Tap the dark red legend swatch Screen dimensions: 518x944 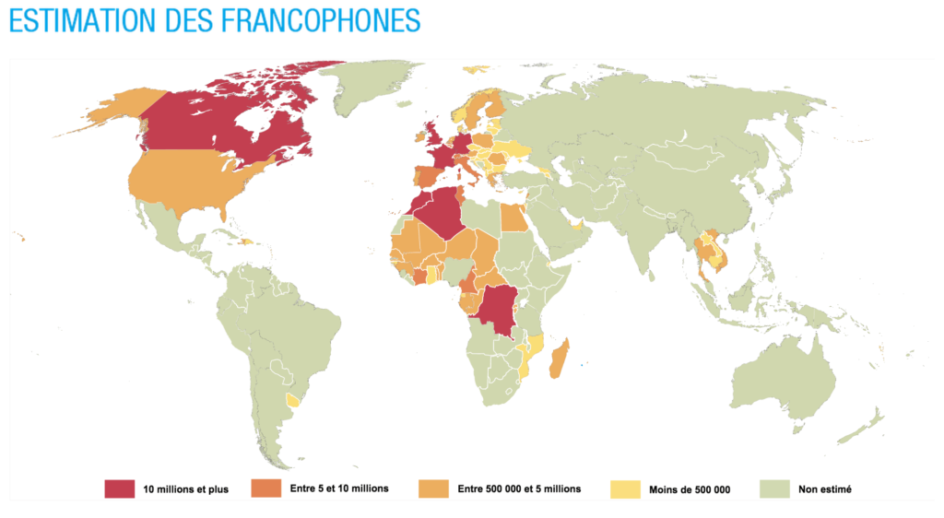point(119,488)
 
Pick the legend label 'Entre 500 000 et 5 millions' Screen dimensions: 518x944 point(519,489)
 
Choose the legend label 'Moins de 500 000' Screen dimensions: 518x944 point(689,489)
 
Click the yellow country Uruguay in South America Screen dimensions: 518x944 point(294,400)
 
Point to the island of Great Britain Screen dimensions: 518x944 point(431,134)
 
